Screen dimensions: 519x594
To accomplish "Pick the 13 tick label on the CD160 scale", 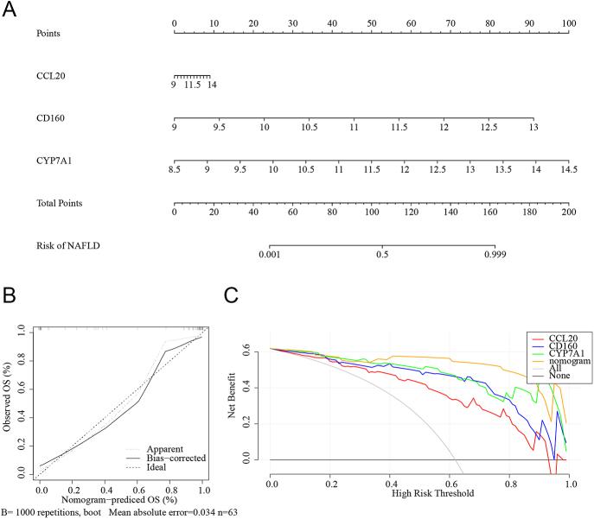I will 533,127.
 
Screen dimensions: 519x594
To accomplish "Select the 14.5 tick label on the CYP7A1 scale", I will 567,169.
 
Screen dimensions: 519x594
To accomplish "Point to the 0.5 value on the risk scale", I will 382,255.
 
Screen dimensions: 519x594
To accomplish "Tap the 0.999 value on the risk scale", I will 495,255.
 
